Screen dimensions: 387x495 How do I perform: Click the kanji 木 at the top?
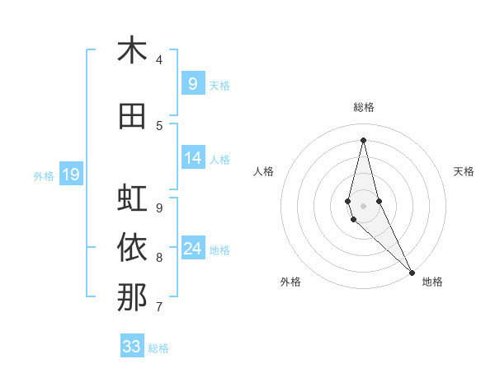(132, 50)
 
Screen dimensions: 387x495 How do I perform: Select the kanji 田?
(132, 116)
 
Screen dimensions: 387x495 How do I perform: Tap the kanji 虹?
(132, 199)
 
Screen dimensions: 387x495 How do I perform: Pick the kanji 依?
(132, 248)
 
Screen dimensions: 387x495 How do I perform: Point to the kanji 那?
(132, 297)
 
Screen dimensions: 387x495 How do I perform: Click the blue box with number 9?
(193, 83)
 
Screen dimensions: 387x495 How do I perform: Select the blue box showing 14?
(193, 158)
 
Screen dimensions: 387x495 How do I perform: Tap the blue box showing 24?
(193, 249)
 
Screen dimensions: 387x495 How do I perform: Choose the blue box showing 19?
(70, 174)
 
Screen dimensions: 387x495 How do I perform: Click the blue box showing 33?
(132, 347)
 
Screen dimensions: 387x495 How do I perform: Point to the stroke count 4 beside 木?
(159, 59)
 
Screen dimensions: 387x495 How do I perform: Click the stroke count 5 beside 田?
(159, 125)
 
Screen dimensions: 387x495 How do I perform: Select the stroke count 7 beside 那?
(159, 307)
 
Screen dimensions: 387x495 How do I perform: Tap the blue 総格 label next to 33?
(158, 348)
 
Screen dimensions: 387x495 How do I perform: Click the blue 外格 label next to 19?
(43, 175)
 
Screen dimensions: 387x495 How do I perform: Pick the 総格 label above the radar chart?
(363, 107)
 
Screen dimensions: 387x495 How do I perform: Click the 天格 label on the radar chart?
(464, 171)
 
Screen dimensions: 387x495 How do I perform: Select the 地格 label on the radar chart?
(432, 282)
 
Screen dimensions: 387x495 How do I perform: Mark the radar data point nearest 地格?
(411, 272)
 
